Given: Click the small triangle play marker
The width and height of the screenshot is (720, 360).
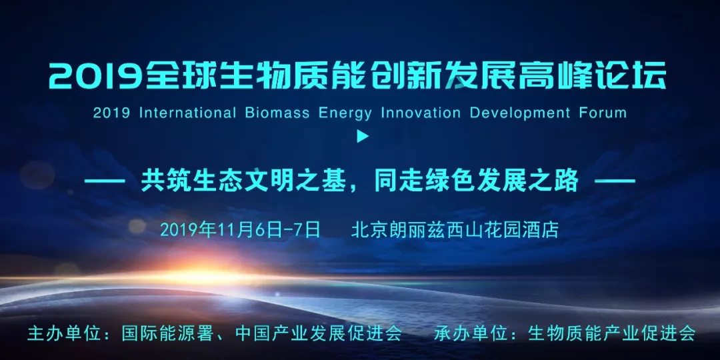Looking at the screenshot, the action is coord(363,137).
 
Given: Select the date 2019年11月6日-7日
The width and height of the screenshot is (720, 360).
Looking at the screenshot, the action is coord(240,229).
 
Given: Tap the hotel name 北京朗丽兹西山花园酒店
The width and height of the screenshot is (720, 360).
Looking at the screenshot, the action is coord(455,229).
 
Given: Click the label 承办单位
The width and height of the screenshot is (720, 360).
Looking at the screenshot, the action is coord(469,333).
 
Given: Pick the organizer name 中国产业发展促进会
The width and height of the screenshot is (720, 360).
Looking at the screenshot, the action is coord(318,333).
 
